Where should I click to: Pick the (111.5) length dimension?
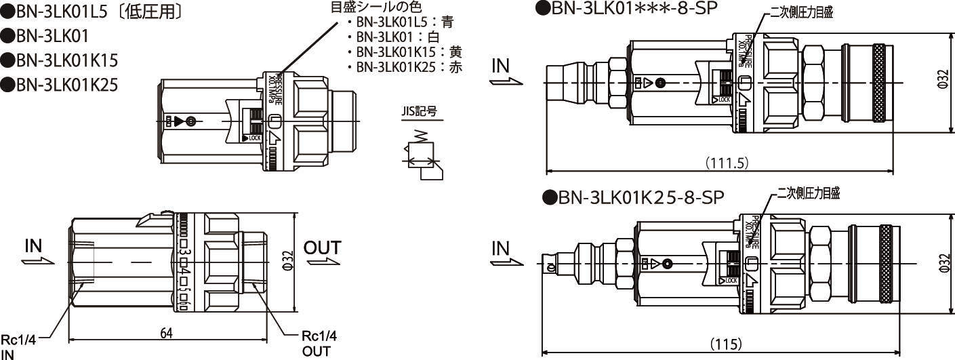click(726, 163)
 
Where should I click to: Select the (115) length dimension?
click(726, 344)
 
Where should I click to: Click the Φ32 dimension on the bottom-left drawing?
click(287, 260)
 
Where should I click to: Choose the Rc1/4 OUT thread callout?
click(319, 344)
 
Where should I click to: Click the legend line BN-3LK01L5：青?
click(405, 22)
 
